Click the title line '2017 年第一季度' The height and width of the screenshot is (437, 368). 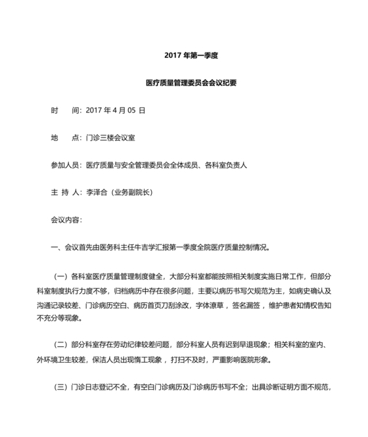point(191,55)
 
